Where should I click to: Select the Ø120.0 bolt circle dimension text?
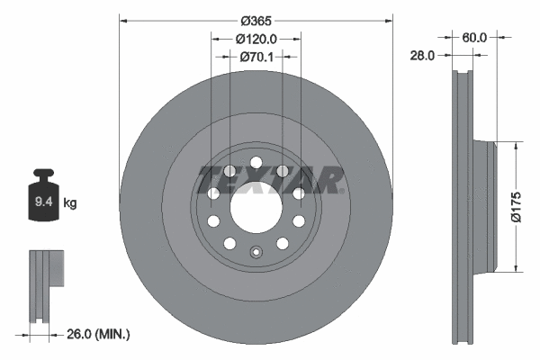[256, 39]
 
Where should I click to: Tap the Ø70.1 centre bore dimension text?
[256, 56]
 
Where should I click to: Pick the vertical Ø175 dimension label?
[516, 205]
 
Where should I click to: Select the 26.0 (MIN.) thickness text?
[100, 334]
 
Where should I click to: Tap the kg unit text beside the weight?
[71, 203]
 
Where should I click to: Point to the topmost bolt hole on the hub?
[256, 163]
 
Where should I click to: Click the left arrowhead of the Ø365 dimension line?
[123, 19]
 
